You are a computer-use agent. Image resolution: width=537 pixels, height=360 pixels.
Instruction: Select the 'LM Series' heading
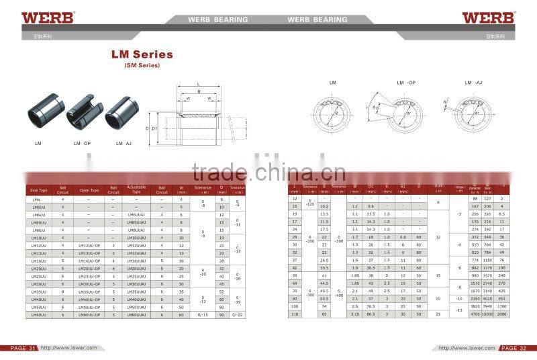142,54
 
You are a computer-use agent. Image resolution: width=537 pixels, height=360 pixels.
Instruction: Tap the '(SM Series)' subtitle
142,65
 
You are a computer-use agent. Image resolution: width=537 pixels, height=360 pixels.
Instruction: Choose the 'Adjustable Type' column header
136,190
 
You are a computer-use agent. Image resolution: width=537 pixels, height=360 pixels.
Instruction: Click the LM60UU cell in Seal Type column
40,314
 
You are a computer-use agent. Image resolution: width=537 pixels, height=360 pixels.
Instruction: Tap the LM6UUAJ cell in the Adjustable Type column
136,214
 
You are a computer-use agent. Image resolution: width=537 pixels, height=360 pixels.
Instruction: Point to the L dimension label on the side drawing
198,83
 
